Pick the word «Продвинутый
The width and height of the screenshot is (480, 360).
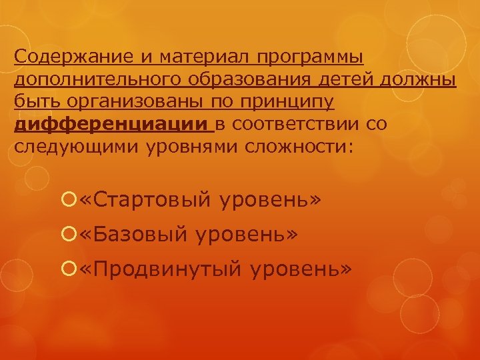(x=159, y=269)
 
